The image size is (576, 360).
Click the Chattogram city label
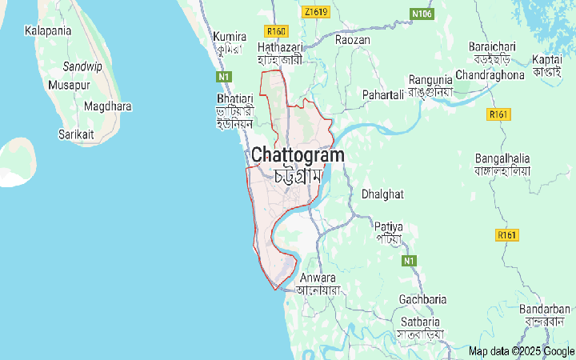click(x=298, y=155)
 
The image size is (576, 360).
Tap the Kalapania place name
click(x=48, y=30)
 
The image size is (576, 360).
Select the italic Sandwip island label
click(x=82, y=66)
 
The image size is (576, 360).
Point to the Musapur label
click(x=69, y=84)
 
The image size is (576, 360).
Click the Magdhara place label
click(x=108, y=106)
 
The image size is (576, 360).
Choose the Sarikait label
click(x=77, y=135)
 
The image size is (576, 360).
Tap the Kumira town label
click(x=229, y=36)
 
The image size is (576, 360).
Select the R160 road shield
click(x=277, y=31)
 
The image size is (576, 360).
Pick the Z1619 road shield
click(x=317, y=12)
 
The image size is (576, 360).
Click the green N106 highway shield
click(x=422, y=14)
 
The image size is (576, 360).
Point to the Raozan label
click(x=353, y=39)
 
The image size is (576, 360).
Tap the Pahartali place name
click(x=382, y=95)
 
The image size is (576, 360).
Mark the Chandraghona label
click(x=490, y=74)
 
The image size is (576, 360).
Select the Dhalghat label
click(x=382, y=194)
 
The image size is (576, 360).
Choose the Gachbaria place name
click(x=423, y=299)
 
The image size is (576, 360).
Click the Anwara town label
click(x=318, y=278)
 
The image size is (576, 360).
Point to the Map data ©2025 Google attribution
click(x=521, y=351)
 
